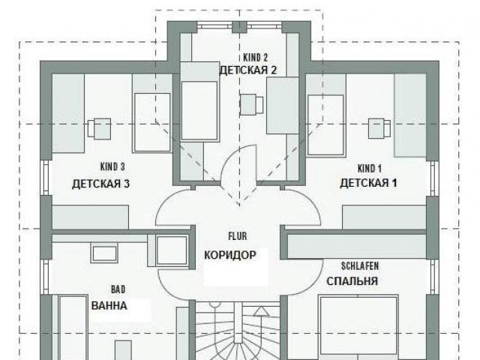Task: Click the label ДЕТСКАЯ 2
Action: (x=248, y=70)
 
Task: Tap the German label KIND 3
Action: (x=112, y=166)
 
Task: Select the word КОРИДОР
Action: (x=230, y=255)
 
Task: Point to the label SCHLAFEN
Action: (x=360, y=266)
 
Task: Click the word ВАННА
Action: (x=109, y=305)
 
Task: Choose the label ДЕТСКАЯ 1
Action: (x=368, y=183)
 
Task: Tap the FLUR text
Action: (x=238, y=236)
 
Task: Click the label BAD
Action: (x=118, y=289)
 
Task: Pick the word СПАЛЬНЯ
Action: (x=352, y=281)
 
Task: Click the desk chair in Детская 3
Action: (x=99, y=129)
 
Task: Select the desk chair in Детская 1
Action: (x=379, y=128)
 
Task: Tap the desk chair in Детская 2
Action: (x=251, y=105)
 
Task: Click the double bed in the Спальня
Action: (x=358, y=327)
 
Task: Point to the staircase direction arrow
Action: (x=261, y=310)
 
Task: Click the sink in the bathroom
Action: (x=104, y=253)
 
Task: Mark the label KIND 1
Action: (x=370, y=168)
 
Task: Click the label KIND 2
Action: (x=255, y=58)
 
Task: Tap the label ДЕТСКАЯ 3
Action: (x=100, y=184)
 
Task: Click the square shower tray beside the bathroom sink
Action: (x=172, y=250)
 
